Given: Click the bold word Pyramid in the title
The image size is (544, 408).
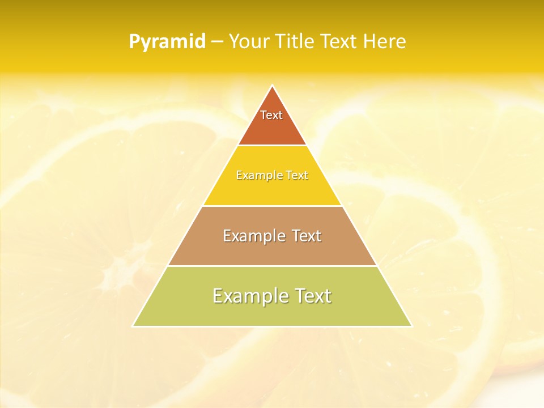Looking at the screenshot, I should click(167, 42).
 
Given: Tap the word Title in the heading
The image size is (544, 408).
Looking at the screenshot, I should click(295, 42).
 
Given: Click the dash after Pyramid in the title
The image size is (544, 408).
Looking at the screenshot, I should click(216, 42).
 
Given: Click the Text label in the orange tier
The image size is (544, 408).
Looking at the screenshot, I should click(271, 115).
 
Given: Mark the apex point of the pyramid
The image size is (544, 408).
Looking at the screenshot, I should click(272, 86).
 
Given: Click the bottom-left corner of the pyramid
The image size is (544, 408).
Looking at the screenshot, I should click(133, 326).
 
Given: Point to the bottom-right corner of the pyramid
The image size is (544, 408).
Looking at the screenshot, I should click(411, 326).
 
